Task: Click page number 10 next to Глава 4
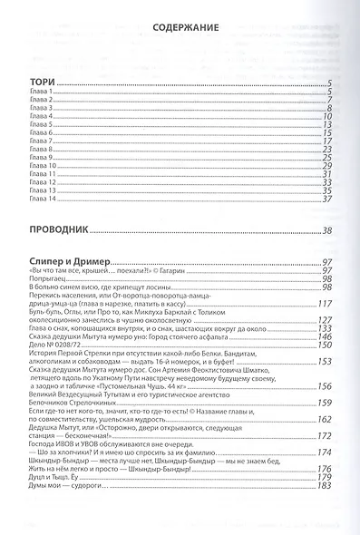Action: click(327, 118)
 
